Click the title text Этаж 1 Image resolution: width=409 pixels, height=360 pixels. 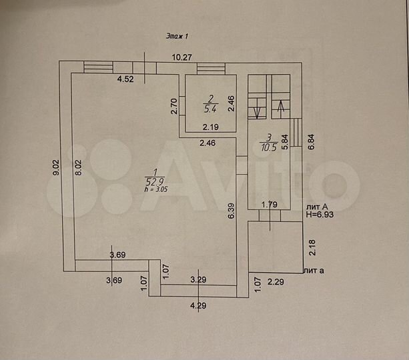point(177,36)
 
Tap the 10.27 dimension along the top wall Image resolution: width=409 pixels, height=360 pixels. point(181,57)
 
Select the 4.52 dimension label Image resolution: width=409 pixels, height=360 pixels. point(125,79)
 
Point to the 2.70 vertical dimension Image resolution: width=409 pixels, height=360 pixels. point(174,106)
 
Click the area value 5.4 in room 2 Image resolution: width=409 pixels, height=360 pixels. point(210,109)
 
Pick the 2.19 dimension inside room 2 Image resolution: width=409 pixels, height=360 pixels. point(211,127)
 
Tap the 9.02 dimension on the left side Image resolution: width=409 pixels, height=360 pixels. point(56,167)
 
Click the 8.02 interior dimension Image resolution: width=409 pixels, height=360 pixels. point(79,167)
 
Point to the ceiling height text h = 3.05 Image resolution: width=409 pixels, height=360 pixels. point(156,189)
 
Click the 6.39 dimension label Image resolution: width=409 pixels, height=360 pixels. point(231,211)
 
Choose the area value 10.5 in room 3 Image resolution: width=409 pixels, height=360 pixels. point(269,147)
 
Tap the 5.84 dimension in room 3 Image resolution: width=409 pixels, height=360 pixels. point(285,142)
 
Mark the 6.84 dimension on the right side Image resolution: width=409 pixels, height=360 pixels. point(311,141)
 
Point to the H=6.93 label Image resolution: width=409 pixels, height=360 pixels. point(320,215)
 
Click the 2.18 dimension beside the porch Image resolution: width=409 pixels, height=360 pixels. point(312,247)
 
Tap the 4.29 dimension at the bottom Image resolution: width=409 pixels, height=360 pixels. point(198,305)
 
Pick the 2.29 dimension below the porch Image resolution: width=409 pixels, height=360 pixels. point(276,282)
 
